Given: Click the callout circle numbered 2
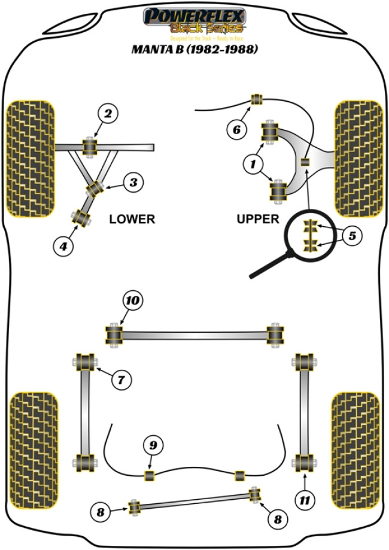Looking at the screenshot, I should (108, 113).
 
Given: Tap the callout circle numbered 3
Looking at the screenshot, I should (133, 183).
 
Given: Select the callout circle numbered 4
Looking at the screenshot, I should (63, 244).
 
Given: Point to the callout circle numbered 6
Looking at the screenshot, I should (237, 129).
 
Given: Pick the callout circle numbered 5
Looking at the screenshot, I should (352, 235).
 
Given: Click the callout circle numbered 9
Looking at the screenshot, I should (153, 445).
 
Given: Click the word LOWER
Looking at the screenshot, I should (132, 219).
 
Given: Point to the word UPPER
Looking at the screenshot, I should (258, 219).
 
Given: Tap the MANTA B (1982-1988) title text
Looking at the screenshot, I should (194, 50).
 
